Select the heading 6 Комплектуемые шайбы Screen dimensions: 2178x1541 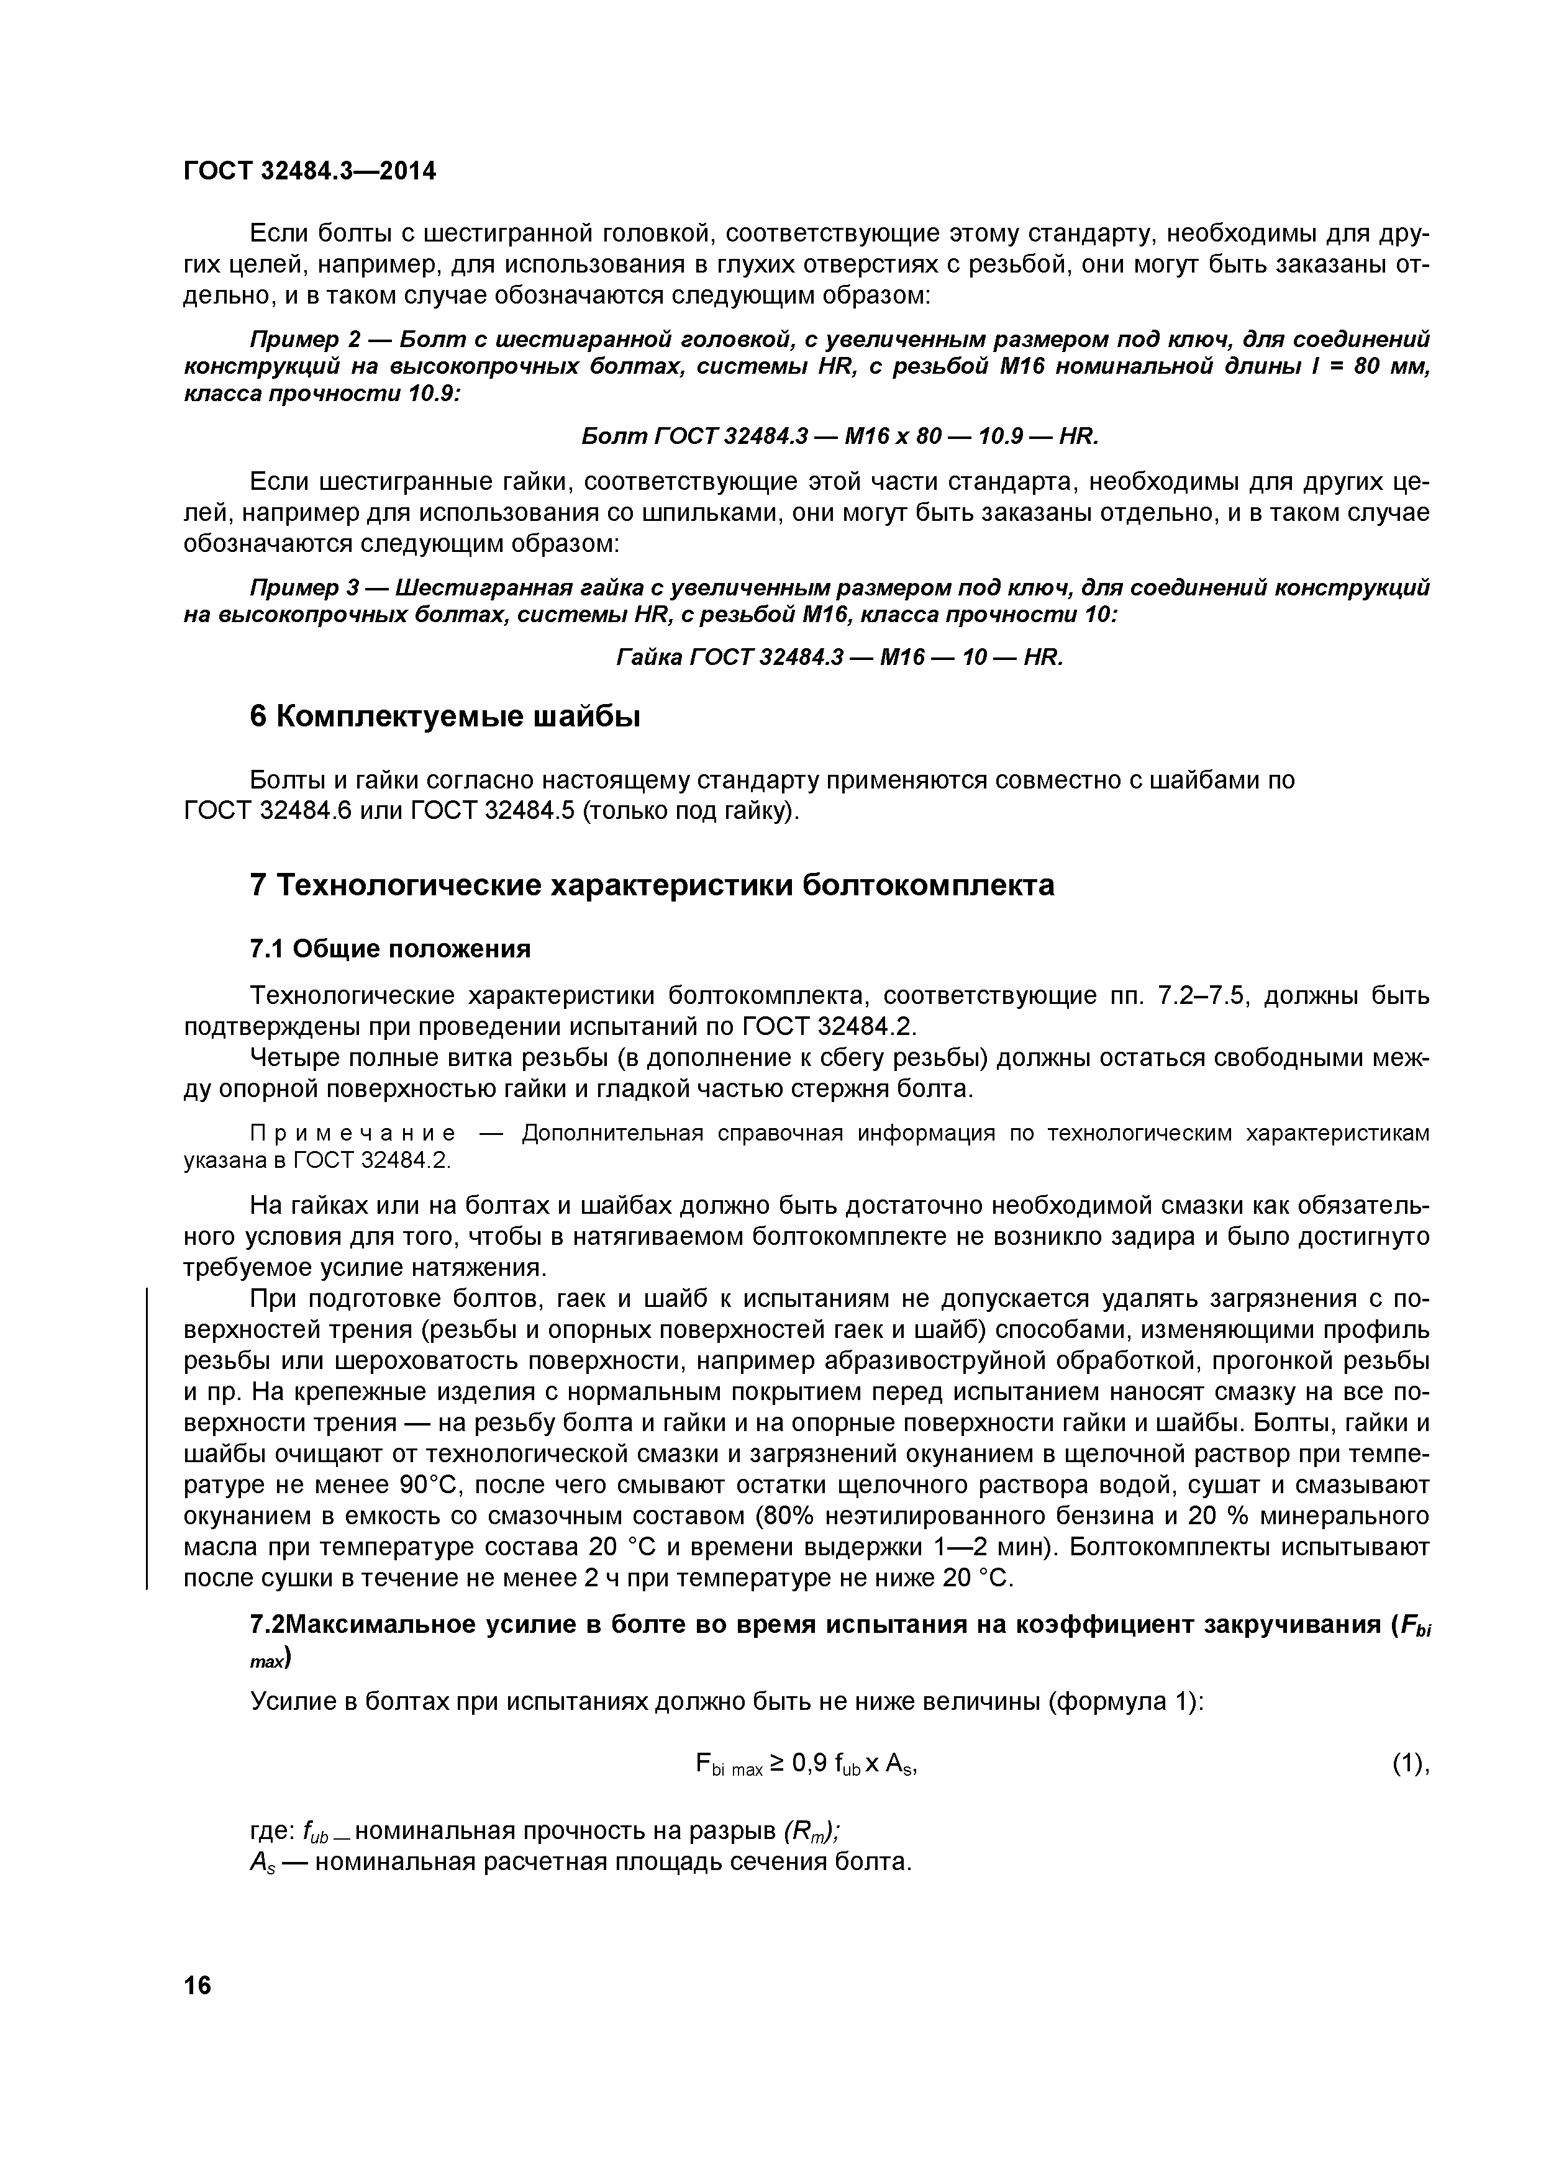click(445, 717)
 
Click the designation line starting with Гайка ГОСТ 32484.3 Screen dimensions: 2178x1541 click(840, 657)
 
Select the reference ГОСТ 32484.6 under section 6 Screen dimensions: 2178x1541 click(266, 812)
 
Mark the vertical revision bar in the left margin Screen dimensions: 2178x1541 click(147, 1437)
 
